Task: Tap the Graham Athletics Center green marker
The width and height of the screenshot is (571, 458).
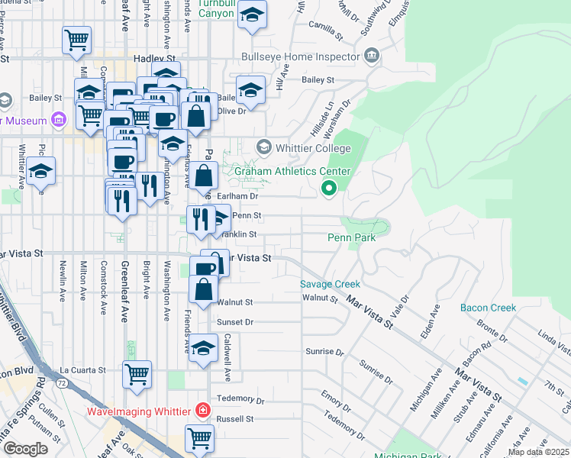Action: (x=329, y=187)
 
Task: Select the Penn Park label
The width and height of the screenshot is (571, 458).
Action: (x=351, y=238)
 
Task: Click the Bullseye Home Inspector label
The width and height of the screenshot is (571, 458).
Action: (x=300, y=56)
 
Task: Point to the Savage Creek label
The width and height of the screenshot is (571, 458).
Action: (x=329, y=284)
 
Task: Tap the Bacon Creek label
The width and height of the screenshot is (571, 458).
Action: (x=488, y=308)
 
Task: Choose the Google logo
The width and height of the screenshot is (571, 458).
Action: (x=25, y=448)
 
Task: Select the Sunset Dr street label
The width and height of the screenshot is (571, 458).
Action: (x=234, y=322)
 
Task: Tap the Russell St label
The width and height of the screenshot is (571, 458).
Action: (x=234, y=419)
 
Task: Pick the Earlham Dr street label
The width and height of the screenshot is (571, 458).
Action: (x=234, y=196)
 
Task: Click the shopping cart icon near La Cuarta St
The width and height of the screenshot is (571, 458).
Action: (x=137, y=374)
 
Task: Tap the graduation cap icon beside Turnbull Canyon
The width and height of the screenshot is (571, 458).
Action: (x=252, y=15)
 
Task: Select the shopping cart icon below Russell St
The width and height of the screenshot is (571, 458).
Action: (x=200, y=438)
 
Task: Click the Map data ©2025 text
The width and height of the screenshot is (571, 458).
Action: (x=539, y=452)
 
